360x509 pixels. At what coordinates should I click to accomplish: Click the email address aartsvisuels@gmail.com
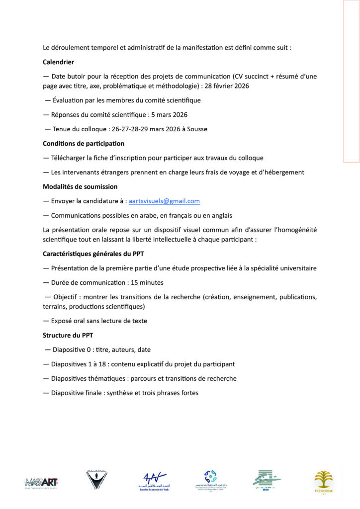click(x=164, y=201)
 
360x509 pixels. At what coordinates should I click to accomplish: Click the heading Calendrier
click(x=59, y=62)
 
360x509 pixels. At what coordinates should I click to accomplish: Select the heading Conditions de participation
click(x=84, y=144)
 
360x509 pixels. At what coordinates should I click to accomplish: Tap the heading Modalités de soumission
click(x=80, y=187)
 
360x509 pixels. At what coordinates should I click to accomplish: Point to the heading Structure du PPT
click(x=64, y=336)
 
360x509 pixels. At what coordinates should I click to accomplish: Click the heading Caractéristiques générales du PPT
click(x=93, y=254)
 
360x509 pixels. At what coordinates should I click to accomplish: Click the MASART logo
click(x=41, y=482)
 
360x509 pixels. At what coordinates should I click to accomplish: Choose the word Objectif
click(x=66, y=297)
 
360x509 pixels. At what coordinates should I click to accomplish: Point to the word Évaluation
click(x=69, y=100)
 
